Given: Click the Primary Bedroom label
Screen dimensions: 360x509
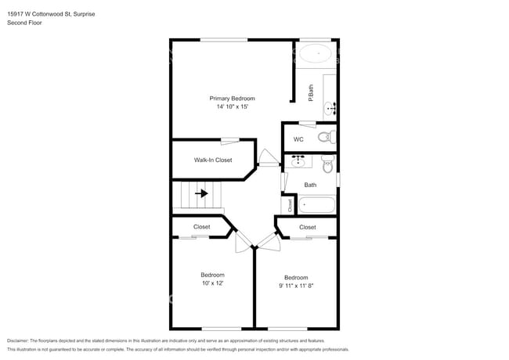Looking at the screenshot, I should pyautogui.click(x=232, y=99).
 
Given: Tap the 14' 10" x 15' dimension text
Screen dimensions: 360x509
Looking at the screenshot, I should pyautogui.click(x=232, y=107).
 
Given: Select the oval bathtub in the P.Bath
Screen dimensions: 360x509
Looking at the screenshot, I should pyautogui.click(x=317, y=55).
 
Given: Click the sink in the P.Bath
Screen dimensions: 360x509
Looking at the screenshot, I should pyautogui.click(x=330, y=105).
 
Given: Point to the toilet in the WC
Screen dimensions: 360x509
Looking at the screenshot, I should pyautogui.click(x=325, y=138).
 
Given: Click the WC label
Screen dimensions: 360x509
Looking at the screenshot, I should pyautogui.click(x=298, y=139).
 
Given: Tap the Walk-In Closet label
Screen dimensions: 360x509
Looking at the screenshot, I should pyautogui.click(x=213, y=160).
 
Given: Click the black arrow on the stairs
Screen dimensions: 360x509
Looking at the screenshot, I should pyautogui.click(x=201, y=193).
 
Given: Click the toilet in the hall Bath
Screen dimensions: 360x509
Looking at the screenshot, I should pyautogui.click(x=327, y=163).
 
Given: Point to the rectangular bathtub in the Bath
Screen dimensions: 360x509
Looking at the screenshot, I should pyautogui.click(x=316, y=207).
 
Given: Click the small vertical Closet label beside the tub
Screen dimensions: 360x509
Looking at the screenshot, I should pyautogui.click(x=290, y=205).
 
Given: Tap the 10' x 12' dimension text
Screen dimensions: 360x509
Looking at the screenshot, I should pyautogui.click(x=212, y=283).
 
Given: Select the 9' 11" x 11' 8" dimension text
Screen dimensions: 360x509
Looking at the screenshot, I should pyautogui.click(x=296, y=286).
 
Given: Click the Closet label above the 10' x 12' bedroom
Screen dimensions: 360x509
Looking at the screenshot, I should pyautogui.click(x=201, y=227).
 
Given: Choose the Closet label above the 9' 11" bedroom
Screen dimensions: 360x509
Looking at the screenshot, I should pyautogui.click(x=308, y=228).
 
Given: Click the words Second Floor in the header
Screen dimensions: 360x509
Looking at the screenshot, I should pyautogui.click(x=25, y=23).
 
